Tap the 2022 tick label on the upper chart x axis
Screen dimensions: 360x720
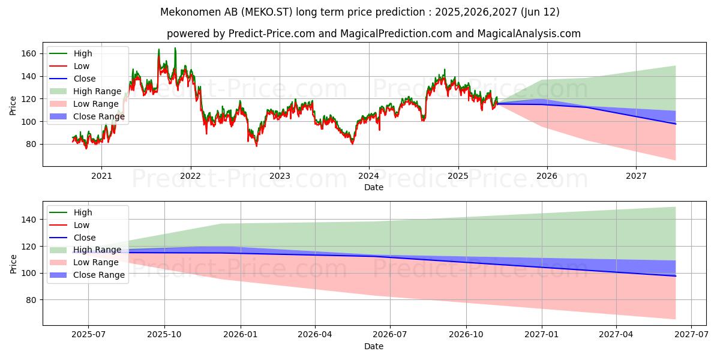tap(190, 176)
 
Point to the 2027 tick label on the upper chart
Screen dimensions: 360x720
tap(636, 176)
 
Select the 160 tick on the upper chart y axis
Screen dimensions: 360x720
tap(29, 53)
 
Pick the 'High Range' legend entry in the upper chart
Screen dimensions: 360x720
tap(95, 91)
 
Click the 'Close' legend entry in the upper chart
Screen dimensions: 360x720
tap(85, 79)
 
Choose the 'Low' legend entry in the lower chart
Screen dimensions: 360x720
tap(82, 225)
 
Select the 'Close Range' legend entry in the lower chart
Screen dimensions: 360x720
tap(99, 275)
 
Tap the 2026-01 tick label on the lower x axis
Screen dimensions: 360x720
tap(240, 335)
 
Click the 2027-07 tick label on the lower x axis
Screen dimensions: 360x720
tap(691, 335)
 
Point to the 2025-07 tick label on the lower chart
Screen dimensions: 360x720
tap(88, 335)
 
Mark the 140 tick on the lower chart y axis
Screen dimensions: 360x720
tap(29, 220)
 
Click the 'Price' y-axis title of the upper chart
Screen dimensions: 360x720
tap(13, 106)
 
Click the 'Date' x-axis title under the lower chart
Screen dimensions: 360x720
tap(373, 346)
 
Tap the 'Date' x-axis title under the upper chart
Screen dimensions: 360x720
tap(373, 187)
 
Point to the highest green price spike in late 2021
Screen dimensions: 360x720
tap(175, 48)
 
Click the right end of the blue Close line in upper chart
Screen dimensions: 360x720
tap(676, 124)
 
